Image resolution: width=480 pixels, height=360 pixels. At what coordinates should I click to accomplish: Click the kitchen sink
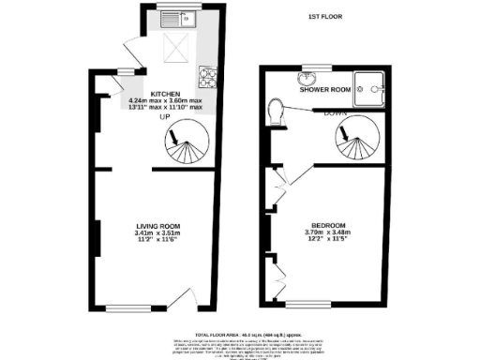coord(176,19)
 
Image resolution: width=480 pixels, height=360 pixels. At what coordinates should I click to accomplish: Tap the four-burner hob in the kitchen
coord(204,75)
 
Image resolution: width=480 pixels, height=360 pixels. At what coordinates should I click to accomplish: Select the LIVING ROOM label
coord(157,226)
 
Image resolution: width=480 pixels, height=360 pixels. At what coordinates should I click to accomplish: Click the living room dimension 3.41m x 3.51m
coord(157,233)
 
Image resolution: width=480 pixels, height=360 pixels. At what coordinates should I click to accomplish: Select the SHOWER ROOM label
coord(324,90)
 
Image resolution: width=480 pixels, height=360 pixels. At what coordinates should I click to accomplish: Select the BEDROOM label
coord(329,226)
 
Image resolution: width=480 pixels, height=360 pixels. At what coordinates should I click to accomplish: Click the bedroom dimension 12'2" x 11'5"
coord(329,241)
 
